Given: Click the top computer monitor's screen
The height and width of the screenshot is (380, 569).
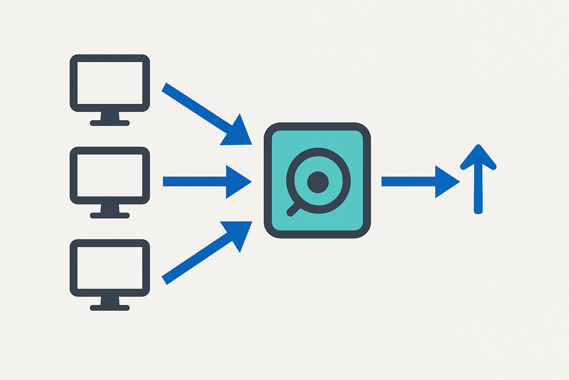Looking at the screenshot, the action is (x=110, y=83).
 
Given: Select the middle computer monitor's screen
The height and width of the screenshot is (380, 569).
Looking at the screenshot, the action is (x=110, y=175).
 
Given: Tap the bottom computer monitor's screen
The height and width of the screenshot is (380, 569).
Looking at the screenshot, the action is (x=110, y=268).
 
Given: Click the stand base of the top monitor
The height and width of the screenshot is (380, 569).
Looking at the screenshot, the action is (x=110, y=123).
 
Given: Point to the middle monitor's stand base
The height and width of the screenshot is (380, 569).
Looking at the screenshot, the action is (x=110, y=215).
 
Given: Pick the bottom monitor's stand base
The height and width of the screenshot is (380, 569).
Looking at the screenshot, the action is (x=110, y=308).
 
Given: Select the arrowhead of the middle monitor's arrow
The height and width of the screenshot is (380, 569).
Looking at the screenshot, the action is (x=237, y=182).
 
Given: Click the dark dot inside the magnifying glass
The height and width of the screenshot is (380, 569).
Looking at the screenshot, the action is (x=318, y=182).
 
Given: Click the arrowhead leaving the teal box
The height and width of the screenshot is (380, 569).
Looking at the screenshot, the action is (x=446, y=182).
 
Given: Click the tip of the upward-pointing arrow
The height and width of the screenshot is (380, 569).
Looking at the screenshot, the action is (x=478, y=147).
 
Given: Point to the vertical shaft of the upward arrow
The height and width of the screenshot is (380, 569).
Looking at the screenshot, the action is (x=478, y=189).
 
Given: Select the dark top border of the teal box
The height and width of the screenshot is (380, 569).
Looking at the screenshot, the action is (x=317, y=126).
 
